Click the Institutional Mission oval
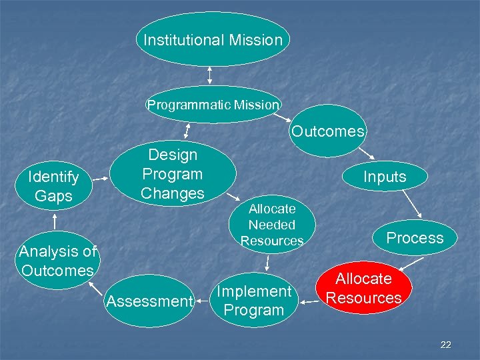click(213, 39)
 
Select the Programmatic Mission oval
click(213, 105)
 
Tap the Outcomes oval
click(328, 131)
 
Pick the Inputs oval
click(385, 177)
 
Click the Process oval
click(415, 238)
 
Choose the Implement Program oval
click(254, 301)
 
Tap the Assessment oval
click(149, 301)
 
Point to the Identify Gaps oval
click(53, 187)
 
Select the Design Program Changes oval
click(173, 174)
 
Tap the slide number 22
click(446, 345)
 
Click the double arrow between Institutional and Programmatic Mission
click(211, 75)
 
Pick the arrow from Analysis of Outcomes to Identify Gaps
click(53, 219)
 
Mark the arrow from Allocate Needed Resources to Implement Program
click(267, 263)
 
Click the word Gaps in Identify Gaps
click(53, 196)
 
